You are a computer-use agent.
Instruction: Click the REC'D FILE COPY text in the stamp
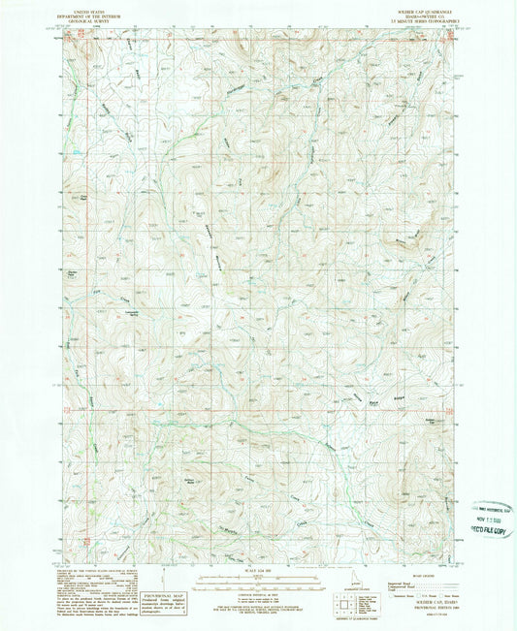(495, 531)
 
